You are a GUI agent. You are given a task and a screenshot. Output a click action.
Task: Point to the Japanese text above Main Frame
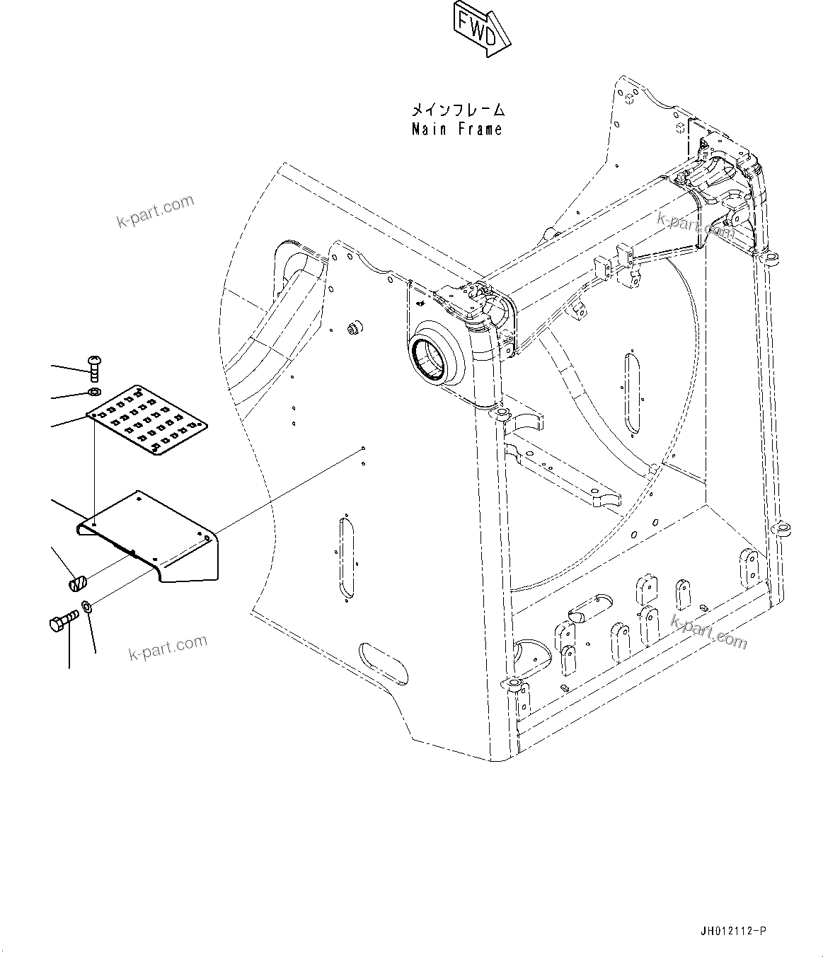(x=459, y=110)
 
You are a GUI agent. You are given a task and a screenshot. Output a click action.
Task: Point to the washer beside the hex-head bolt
(x=86, y=606)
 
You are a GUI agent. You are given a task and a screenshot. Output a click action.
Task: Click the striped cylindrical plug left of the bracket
(x=77, y=583)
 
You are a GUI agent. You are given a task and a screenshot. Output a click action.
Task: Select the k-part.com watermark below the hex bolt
(x=168, y=646)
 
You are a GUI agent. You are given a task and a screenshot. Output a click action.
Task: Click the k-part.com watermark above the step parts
(x=155, y=212)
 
